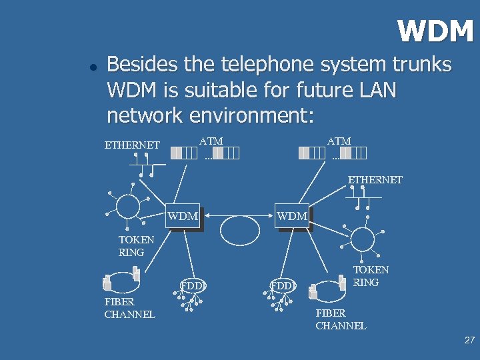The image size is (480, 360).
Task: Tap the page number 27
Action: (469, 340)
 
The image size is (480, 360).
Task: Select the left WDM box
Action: (183, 217)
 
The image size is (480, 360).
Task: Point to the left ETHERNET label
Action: (132, 145)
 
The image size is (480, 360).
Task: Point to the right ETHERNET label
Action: (375, 180)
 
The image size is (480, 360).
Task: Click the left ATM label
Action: (211, 141)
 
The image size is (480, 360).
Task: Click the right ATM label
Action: (339, 141)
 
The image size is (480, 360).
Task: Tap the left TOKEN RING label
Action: (136, 246)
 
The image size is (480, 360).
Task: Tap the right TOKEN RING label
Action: (371, 276)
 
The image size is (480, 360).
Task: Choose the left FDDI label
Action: (193, 287)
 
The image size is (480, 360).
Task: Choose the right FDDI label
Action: (283, 287)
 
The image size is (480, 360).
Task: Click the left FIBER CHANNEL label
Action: (129, 308)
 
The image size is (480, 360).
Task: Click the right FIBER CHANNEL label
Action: (341, 319)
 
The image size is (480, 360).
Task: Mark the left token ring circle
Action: (128, 207)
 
